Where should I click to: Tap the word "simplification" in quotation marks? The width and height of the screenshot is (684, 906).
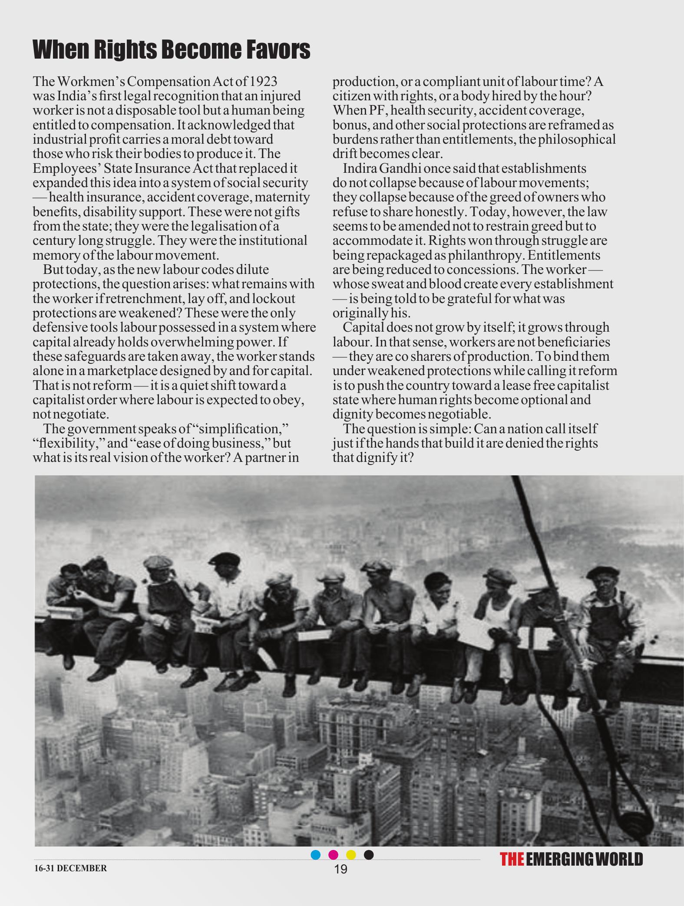(243, 429)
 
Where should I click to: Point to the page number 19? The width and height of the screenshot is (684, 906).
(341, 869)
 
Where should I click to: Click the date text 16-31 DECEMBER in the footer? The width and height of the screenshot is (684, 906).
(70, 868)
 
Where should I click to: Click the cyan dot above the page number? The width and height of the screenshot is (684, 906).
(316, 855)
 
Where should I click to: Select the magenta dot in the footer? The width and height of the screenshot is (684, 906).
(334, 855)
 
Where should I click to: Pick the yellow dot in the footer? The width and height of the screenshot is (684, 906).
(351, 855)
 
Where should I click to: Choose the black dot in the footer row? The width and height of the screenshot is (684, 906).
(369, 855)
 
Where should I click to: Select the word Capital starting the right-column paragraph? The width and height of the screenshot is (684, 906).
(364, 328)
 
